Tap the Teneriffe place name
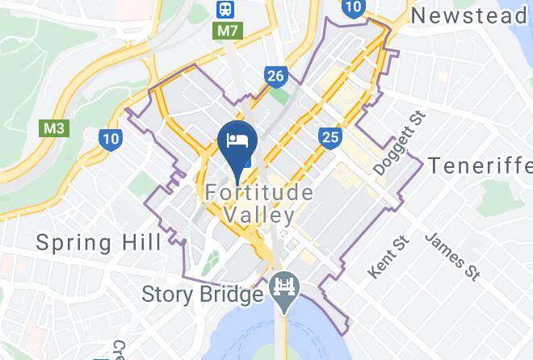[478, 165]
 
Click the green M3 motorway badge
[52, 128]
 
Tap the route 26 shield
[275, 77]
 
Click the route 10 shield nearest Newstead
[352, 8]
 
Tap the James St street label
[452, 257]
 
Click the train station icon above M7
[224, 9]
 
